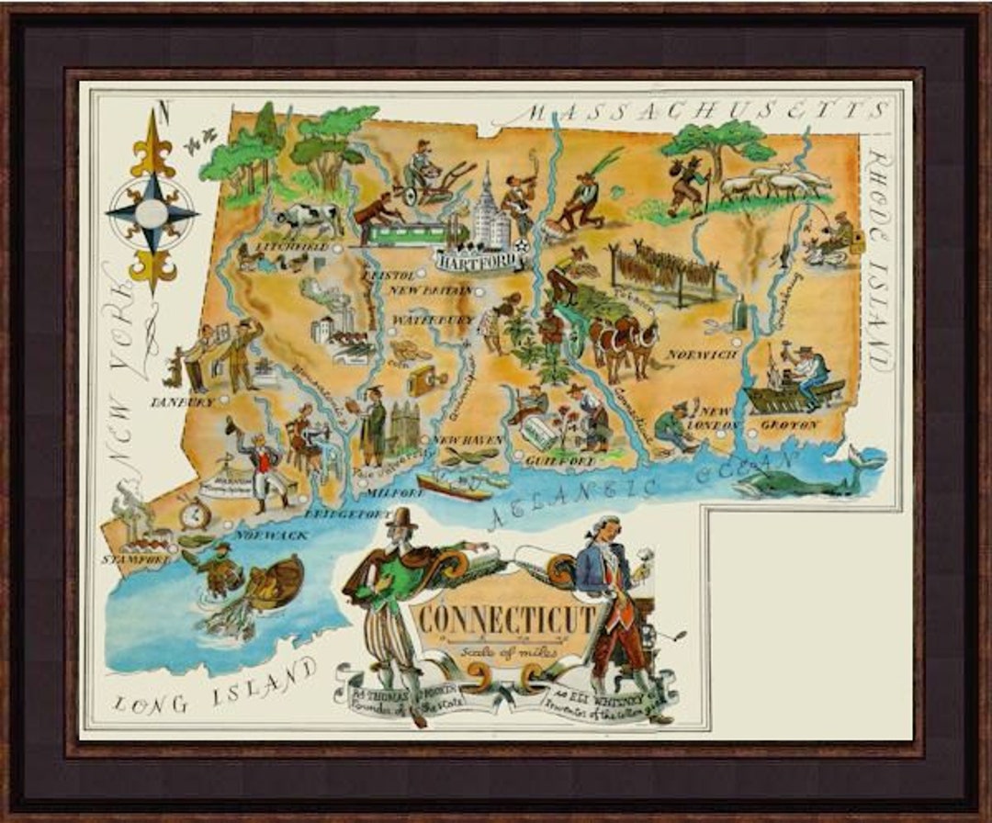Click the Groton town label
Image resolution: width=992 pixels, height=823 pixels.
coord(789,425)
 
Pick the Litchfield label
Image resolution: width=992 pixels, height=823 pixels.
coord(292,248)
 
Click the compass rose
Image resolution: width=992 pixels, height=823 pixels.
coord(152,213)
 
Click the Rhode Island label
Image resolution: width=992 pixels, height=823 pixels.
coord(879,257)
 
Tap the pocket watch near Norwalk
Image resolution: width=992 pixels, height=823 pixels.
coord(194,514)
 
